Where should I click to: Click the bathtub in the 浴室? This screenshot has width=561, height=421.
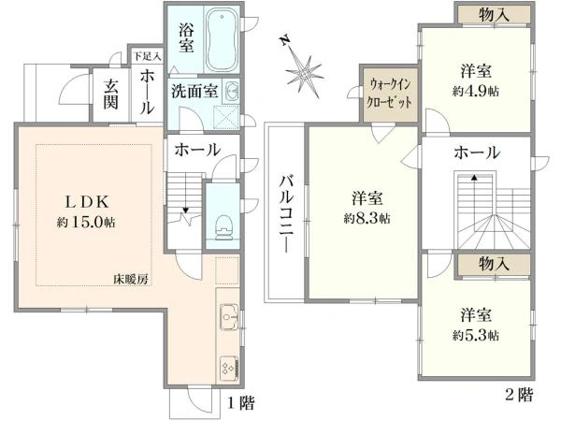coord(222,39)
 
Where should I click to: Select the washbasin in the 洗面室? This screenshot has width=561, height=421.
coord(231,91)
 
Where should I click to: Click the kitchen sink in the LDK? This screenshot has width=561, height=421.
coord(229,317)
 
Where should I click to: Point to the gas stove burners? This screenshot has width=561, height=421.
coord(229,370)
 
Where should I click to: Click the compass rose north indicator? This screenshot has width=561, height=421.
coord(284,40)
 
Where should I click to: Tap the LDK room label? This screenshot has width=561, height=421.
coord(86,203)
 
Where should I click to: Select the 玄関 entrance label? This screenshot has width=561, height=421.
coord(111,94)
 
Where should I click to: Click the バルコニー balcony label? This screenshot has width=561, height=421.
coord(287,214)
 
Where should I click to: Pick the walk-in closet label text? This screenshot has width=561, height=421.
coord(390,94)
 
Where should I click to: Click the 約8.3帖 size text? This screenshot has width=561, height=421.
coord(367,218)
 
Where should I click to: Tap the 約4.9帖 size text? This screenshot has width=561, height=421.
coord(476,92)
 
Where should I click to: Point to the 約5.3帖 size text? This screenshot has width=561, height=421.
coord(476,336)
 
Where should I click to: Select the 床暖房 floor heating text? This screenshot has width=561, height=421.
coord(131,279)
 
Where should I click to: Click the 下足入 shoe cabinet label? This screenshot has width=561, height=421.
coord(148,56)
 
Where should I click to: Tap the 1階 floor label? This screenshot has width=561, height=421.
coord(241,403)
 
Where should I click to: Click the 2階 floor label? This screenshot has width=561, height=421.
coord(519,395)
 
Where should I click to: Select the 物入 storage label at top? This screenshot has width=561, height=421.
coord(494,15)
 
